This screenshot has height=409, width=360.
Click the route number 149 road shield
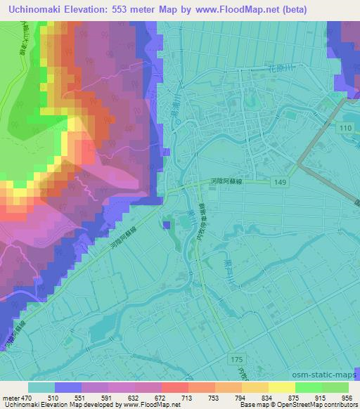click(281, 182)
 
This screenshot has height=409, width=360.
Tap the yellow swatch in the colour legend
click(282, 387)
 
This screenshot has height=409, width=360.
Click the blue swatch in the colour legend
click(67, 387)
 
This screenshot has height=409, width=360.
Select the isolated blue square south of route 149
click(166, 225)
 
